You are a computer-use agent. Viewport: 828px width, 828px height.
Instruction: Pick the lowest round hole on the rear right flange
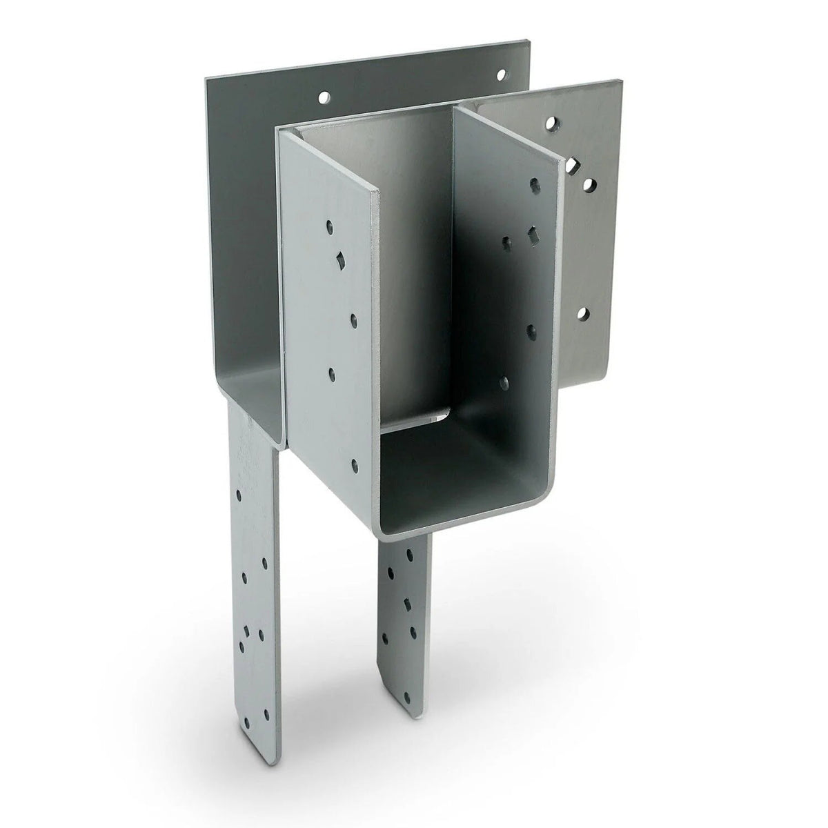click(583, 315)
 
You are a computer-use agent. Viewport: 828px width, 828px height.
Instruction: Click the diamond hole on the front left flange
click(339, 259)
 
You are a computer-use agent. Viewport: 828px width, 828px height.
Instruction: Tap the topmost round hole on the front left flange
click(330, 225)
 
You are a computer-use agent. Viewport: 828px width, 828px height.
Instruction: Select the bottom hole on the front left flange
click(355, 467)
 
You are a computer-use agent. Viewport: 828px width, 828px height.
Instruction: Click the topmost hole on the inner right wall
click(534, 184)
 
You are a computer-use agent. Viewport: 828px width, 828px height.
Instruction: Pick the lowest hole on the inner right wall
click(504, 381)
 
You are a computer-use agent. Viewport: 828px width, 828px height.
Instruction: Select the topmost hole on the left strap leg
click(239, 495)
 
